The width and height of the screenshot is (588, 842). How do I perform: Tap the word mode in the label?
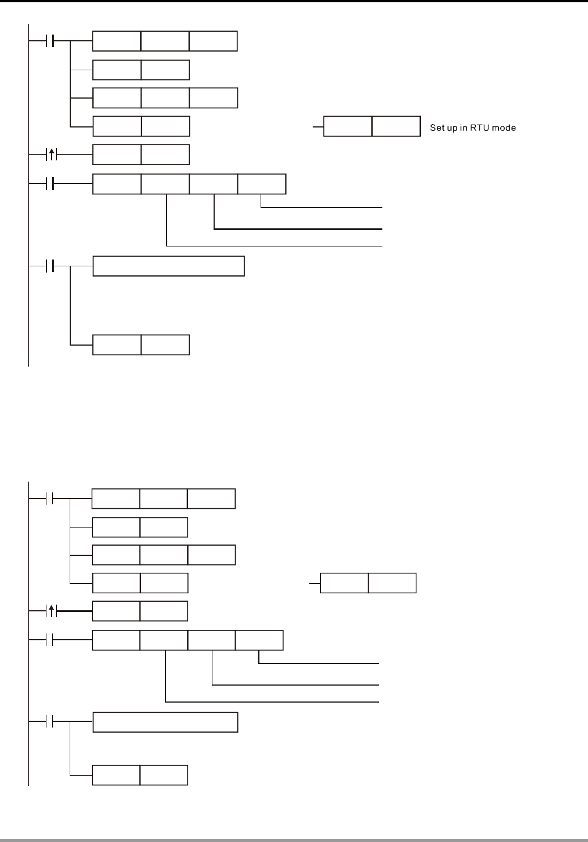pos(504,128)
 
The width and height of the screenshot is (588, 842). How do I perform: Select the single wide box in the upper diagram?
pos(168,266)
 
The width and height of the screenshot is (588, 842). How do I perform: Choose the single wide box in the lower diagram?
pos(165,723)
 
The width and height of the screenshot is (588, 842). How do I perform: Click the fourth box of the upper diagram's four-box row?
pos(262,185)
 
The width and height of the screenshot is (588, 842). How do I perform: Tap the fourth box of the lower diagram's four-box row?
pos(259,641)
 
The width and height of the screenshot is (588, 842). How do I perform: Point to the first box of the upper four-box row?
pos(117,185)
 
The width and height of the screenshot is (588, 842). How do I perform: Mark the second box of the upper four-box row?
pos(165,185)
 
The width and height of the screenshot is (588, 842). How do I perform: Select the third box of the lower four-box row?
pos(211,641)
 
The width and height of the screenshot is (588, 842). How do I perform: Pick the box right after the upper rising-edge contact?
pos(117,154)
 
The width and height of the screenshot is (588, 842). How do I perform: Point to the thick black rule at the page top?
pos(294,2)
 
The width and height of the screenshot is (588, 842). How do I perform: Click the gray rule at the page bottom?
pos(294,840)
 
